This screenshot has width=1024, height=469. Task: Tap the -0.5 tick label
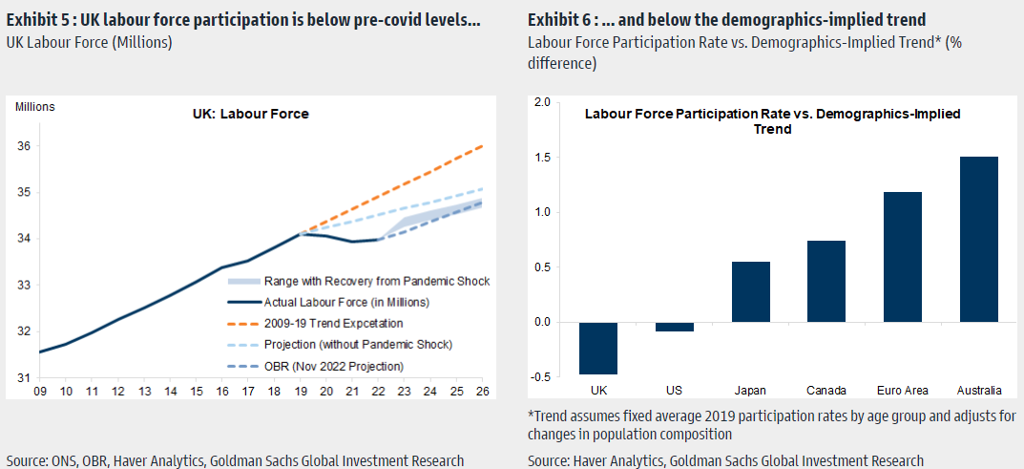point(539,376)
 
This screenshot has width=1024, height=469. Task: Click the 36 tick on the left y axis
point(23,146)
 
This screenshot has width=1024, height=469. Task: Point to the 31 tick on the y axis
point(23,378)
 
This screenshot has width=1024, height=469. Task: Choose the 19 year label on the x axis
point(301,391)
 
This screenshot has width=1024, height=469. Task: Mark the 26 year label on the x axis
point(482,391)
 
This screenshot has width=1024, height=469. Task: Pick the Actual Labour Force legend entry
point(339,302)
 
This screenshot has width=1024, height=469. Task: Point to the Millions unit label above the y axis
point(35,107)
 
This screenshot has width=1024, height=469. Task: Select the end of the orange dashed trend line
point(482,146)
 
